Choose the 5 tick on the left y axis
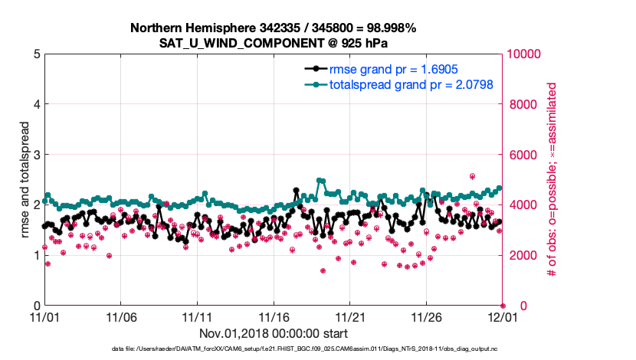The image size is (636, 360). pos(36,54)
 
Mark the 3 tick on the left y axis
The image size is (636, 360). pos(36,155)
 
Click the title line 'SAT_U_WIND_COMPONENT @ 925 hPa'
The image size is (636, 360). pos(274,42)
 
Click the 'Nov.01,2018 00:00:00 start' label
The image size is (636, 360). pos(274,333)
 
